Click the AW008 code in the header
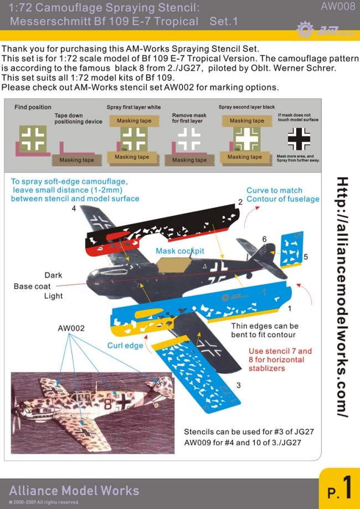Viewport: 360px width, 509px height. (x=338, y=7)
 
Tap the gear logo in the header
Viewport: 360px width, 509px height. (x=305, y=29)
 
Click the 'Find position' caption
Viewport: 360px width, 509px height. (x=33, y=107)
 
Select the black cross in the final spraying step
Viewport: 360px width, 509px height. (x=299, y=139)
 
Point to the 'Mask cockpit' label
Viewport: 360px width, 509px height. (x=180, y=251)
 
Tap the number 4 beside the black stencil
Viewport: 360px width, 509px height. (x=74, y=208)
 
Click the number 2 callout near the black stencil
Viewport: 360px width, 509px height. (x=240, y=202)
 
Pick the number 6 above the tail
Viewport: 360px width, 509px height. (x=264, y=239)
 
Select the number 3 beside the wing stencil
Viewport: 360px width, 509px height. (x=238, y=385)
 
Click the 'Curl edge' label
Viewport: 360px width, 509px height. (x=125, y=346)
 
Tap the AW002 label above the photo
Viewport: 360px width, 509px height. (x=71, y=328)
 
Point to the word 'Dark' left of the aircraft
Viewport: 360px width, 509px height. (x=53, y=275)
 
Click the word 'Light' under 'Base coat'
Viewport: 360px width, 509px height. (x=53, y=296)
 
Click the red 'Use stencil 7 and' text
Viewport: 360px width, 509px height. (x=280, y=351)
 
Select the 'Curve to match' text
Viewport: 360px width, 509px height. (x=274, y=191)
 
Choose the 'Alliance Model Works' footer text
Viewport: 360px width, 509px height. (x=74, y=491)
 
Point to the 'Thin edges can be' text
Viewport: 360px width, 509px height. (x=265, y=326)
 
